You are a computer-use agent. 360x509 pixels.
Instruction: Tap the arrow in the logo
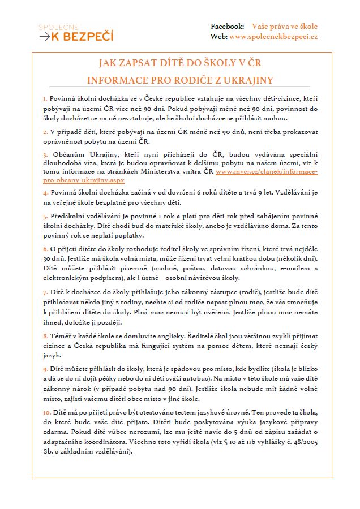(x=44, y=37)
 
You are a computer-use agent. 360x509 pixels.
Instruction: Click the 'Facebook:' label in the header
(x=228, y=27)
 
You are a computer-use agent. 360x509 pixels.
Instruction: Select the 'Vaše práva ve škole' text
(x=285, y=27)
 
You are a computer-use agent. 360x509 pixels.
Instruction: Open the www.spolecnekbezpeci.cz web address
(x=273, y=37)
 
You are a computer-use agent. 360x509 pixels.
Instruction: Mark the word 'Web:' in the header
(x=218, y=37)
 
